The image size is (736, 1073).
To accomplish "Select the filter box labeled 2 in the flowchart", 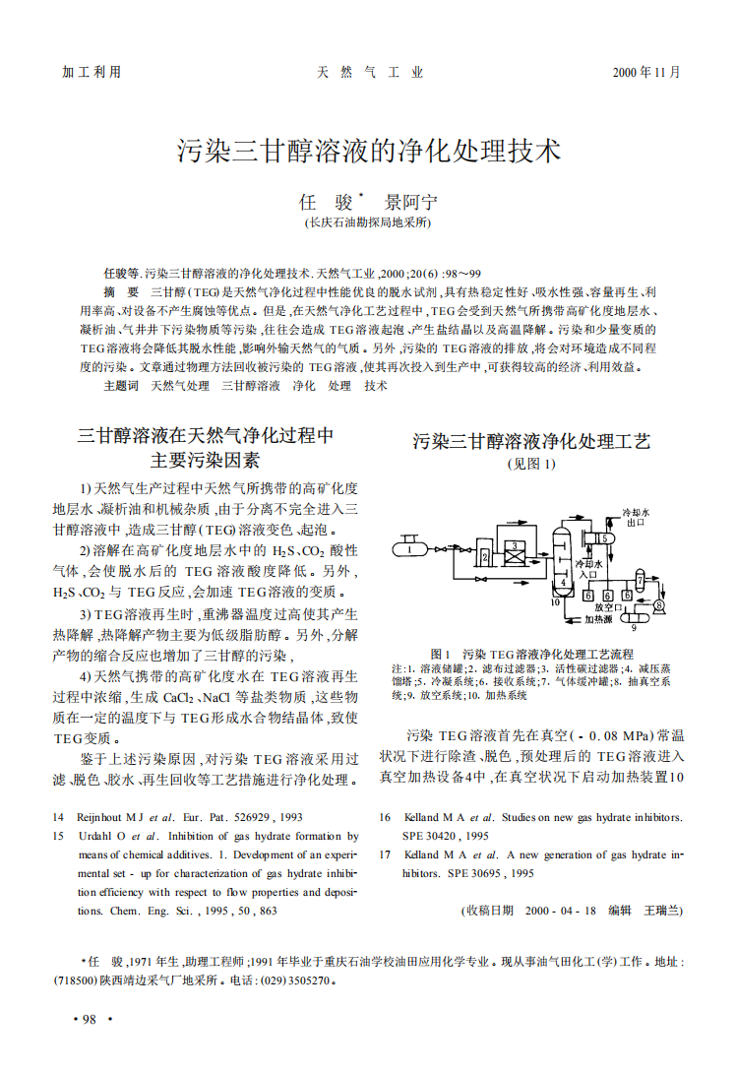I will click(x=485, y=557).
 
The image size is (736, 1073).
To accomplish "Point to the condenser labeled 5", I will click(x=606, y=539).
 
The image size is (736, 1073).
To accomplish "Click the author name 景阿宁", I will click(x=411, y=203).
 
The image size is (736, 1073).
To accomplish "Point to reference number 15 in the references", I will click(x=58, y=836).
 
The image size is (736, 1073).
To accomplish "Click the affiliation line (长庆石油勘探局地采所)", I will click(x=369, y=224).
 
